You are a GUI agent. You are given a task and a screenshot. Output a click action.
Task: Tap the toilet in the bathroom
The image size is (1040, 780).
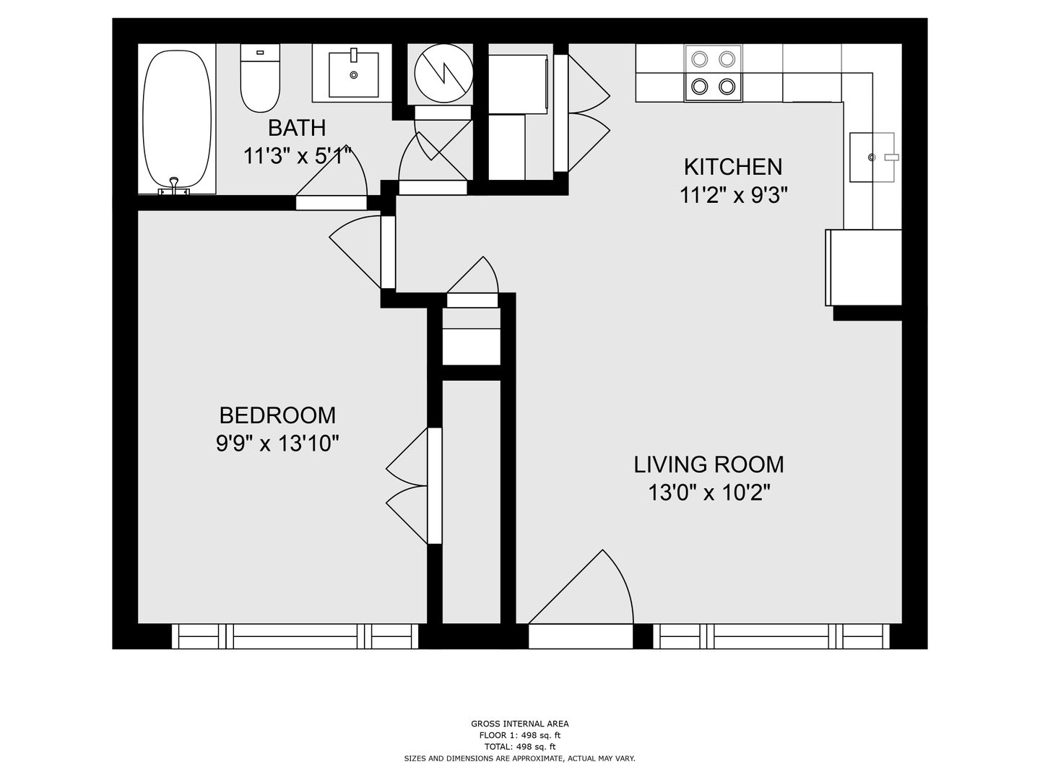click(260, 78)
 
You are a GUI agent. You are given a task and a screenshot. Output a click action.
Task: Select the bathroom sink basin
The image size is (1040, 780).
click(353, 74)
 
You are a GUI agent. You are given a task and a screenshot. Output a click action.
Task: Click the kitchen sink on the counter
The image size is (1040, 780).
click(872, 157)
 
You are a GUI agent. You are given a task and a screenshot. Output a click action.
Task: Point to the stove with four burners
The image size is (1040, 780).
click(713, 73)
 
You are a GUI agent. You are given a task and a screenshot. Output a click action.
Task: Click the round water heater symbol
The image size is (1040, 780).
click(443, 73)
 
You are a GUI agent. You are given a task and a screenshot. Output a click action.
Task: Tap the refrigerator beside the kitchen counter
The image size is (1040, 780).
click(863, 267)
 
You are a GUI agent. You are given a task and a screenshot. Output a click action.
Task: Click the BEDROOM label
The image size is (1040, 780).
click(277, 415)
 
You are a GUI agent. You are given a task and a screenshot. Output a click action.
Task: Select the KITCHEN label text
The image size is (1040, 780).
click(733, 167)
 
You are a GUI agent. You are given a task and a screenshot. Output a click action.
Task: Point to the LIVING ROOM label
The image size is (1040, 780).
click(708, 464)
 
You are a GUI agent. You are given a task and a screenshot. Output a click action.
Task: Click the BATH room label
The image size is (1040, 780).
click(297, 128)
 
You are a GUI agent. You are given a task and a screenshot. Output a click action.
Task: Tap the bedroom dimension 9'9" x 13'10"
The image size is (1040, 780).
click(277, 443)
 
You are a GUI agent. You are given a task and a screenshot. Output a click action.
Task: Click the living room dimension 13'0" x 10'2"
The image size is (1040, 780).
click(708, 493)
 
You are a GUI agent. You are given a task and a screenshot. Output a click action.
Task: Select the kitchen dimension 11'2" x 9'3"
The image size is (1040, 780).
click(734, 195)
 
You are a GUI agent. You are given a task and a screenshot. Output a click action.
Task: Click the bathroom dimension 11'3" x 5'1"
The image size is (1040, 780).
click(298, 156)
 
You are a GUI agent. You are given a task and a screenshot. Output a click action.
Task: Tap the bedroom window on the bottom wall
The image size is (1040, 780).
click(295, 636)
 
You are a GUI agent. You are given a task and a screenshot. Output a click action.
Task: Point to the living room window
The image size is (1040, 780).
click(771, 636)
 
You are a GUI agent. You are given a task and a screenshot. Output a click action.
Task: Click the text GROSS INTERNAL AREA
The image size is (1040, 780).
click(520, 724)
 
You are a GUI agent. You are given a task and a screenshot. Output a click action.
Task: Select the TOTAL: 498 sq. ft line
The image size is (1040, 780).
click(520, 747)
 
